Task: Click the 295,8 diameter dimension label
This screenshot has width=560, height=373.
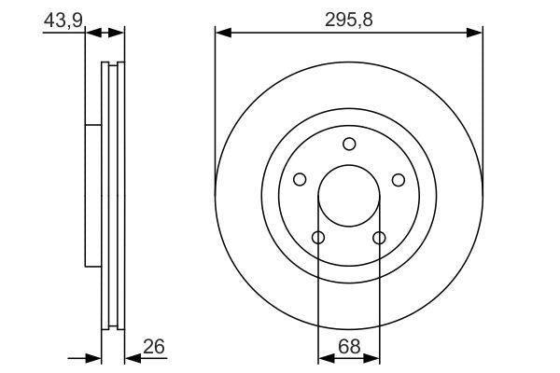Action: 348,19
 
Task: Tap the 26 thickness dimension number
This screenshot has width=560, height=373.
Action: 154,346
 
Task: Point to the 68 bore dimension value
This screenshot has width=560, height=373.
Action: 348,346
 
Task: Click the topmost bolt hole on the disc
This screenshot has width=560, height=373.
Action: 349,144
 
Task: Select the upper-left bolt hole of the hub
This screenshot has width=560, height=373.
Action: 300,180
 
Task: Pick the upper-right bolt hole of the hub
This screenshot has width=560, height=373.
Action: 398,180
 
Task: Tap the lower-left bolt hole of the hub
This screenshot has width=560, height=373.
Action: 318,238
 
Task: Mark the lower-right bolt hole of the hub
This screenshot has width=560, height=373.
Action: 379,238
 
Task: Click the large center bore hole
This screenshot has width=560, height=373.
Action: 349,196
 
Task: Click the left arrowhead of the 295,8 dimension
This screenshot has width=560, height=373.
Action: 222,33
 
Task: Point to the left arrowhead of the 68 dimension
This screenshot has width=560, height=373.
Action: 324,357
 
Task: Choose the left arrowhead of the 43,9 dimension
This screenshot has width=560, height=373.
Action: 91,33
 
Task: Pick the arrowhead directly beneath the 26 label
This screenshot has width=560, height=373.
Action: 131,357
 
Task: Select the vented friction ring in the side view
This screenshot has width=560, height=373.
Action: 113,196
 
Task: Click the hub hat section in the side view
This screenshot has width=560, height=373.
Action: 91,196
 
